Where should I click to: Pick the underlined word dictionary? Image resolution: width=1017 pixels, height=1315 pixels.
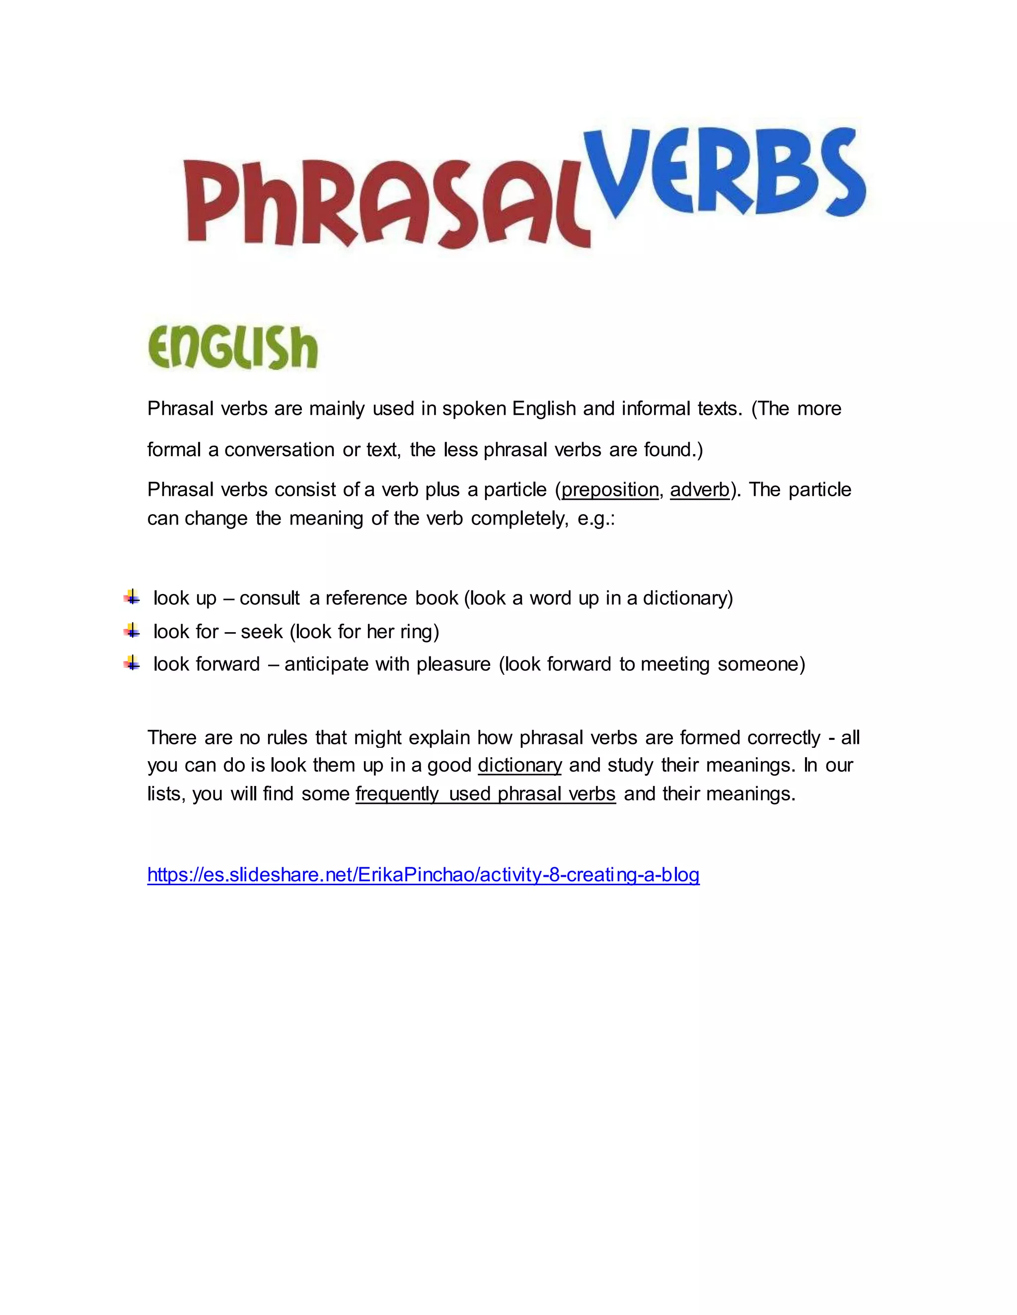point(519,765)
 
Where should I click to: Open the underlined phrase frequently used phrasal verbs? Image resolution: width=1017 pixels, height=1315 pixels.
point(486,794)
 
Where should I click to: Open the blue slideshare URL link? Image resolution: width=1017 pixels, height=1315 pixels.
point(423,875)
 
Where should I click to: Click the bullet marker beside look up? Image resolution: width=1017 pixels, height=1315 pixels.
point(132,597)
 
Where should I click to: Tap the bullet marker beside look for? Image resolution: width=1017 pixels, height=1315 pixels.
point(132,630)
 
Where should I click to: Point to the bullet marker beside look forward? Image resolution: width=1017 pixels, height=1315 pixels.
point(132,663)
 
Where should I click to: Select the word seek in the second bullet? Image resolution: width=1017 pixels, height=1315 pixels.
point(262,632)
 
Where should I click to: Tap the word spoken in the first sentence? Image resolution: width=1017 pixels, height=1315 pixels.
point(474,409)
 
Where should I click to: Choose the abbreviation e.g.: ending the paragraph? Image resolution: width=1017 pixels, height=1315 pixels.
point(596,519)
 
